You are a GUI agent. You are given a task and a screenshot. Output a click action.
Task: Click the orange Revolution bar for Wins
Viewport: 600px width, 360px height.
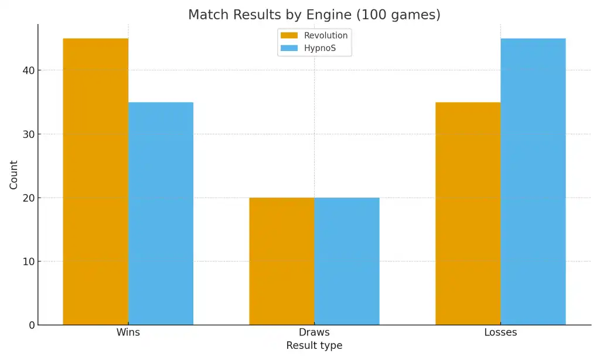96,182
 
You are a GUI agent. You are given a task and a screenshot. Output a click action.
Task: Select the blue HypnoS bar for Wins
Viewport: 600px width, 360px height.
161,213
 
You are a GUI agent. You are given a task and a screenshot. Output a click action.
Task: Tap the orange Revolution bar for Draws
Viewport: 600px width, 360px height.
282,261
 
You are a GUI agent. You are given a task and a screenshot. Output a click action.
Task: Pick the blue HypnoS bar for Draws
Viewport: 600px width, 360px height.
347,261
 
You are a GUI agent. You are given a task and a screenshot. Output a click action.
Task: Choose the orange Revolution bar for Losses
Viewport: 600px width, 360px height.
468,213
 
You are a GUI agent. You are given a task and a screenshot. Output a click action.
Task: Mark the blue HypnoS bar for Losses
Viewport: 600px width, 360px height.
533,182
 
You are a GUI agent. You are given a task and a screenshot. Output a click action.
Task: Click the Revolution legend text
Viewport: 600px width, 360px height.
326,36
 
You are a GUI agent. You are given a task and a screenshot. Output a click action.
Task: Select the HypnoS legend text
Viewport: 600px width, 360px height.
320,48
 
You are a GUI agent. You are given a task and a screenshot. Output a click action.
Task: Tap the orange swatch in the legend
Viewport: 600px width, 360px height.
289,36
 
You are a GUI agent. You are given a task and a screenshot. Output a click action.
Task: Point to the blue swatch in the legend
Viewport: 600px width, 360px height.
289,48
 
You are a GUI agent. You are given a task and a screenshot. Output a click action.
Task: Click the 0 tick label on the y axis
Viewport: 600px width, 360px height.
30,325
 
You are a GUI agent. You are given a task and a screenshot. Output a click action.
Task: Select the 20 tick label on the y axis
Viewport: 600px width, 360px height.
28,198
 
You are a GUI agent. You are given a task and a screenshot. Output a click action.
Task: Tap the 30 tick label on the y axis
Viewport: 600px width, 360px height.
28,134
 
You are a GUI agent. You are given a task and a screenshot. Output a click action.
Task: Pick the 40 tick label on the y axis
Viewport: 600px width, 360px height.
28,70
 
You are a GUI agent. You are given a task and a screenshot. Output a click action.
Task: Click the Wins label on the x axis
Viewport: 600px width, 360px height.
128,332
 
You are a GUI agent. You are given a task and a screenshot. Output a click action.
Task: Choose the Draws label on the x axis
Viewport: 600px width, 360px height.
314,332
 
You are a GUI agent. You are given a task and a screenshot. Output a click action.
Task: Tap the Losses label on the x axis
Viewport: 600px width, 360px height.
500,332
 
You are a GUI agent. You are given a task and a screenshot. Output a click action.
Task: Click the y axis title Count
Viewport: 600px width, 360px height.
13,175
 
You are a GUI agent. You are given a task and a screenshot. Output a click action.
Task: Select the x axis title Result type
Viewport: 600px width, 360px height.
314,346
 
